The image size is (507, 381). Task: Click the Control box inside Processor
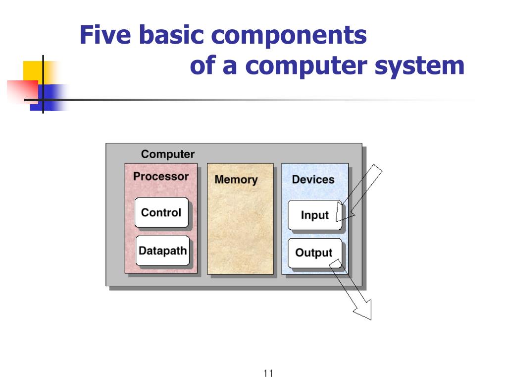click(x=161, y=213)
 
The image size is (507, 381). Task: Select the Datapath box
click(x=162, y=251)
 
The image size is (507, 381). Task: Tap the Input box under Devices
click(x=315, y=215)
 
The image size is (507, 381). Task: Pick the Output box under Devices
click(x=314, y=253)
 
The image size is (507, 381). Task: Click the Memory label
click(x=236, y=180)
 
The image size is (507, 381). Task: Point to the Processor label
click(x=161, y=176)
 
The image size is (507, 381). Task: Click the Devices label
click(x=313, y=180)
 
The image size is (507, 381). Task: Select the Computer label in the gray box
click(x=168, y=154)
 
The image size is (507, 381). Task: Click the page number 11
click(x=269, y=374)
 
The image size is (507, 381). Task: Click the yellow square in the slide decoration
click(x=33, y=70)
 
